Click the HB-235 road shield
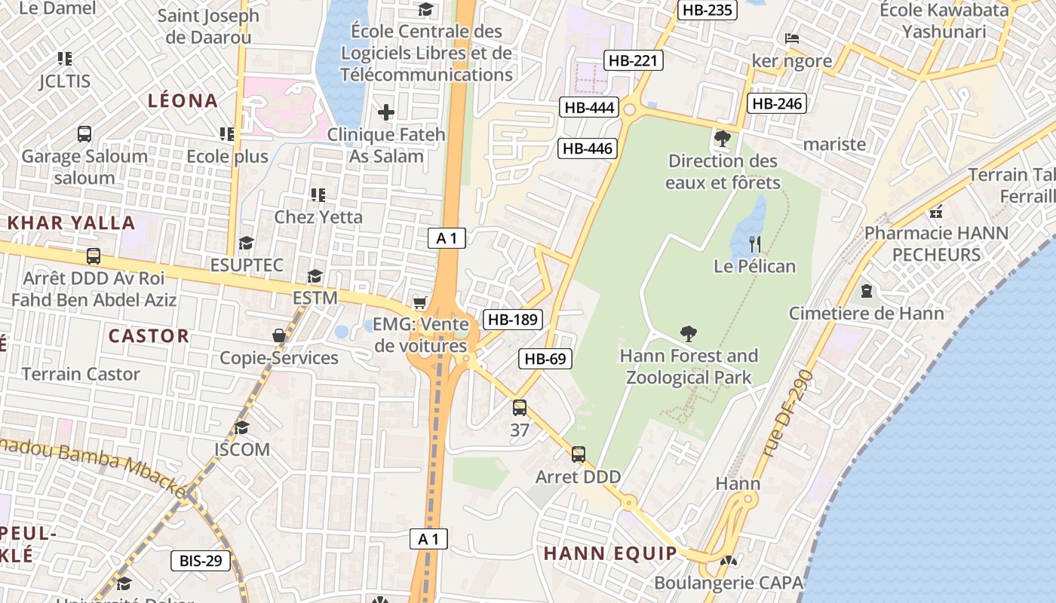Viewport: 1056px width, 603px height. click(708, 10)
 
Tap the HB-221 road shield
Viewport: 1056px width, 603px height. click(634, 61)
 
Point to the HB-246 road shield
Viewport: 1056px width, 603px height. click(777, 104)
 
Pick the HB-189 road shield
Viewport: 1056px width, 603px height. click(513, 320)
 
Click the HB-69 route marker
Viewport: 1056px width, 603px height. click(545, 359)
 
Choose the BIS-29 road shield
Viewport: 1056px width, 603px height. click(201, 561)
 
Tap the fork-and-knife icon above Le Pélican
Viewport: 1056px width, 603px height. click(754, 243)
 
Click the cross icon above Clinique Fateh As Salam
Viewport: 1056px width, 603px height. click(386, 113)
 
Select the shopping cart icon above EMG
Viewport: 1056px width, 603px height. click(420, 303)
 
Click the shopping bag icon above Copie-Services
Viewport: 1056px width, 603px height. click(279, 335)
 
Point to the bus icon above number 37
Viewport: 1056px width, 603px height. click(520, 408)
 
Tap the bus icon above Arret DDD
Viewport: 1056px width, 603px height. click(579, 455)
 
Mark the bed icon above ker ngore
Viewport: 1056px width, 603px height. click(791, 38)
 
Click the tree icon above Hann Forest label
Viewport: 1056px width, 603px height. click(688, 333)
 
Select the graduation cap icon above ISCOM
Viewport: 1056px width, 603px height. click(241, 428)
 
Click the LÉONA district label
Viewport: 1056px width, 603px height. click(183, 100)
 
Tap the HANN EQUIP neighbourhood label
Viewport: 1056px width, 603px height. click(611, 553)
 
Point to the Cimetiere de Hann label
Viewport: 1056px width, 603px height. click(866, 313)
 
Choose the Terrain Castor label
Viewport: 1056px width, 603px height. click(81, 374)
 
